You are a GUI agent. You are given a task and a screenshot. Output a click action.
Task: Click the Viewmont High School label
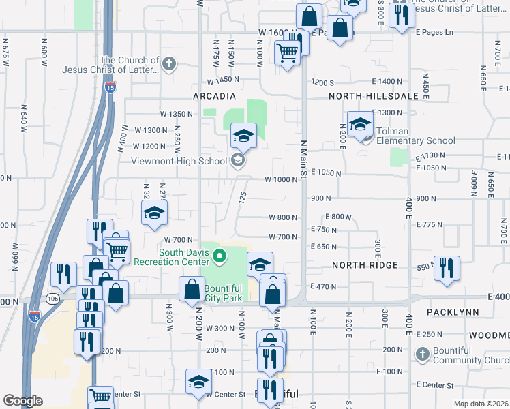(179, 162)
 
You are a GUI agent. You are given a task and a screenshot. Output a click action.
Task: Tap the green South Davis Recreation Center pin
(219, 257)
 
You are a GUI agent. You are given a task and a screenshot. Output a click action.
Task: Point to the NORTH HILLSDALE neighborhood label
(373, 96)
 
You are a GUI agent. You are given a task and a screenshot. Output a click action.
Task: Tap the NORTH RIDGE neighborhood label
(359, 264)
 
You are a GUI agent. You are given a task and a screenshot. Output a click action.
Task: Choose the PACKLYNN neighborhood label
(454, 312)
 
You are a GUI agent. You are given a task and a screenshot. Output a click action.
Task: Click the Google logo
(22, 401)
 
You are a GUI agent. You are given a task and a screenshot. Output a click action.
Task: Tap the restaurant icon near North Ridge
(447, 267)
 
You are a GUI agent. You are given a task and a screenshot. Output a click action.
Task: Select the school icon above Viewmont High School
(243, 134)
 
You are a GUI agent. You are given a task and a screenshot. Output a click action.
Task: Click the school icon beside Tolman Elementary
(360, 123)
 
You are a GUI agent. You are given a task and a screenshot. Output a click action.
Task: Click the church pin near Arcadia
(170, 65)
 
